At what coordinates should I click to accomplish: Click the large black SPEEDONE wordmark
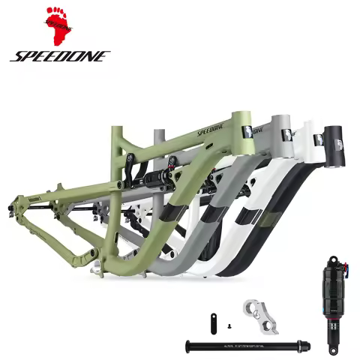coord(59,56)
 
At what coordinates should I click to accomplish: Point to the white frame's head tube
coord(307,137)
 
